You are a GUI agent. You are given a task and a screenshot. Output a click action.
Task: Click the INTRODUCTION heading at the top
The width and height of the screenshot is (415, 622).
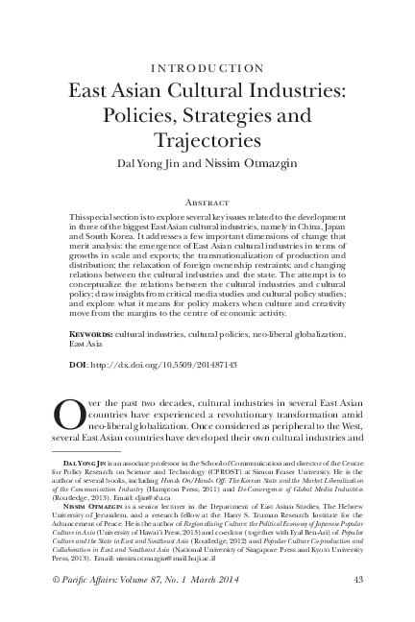(207, 68)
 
